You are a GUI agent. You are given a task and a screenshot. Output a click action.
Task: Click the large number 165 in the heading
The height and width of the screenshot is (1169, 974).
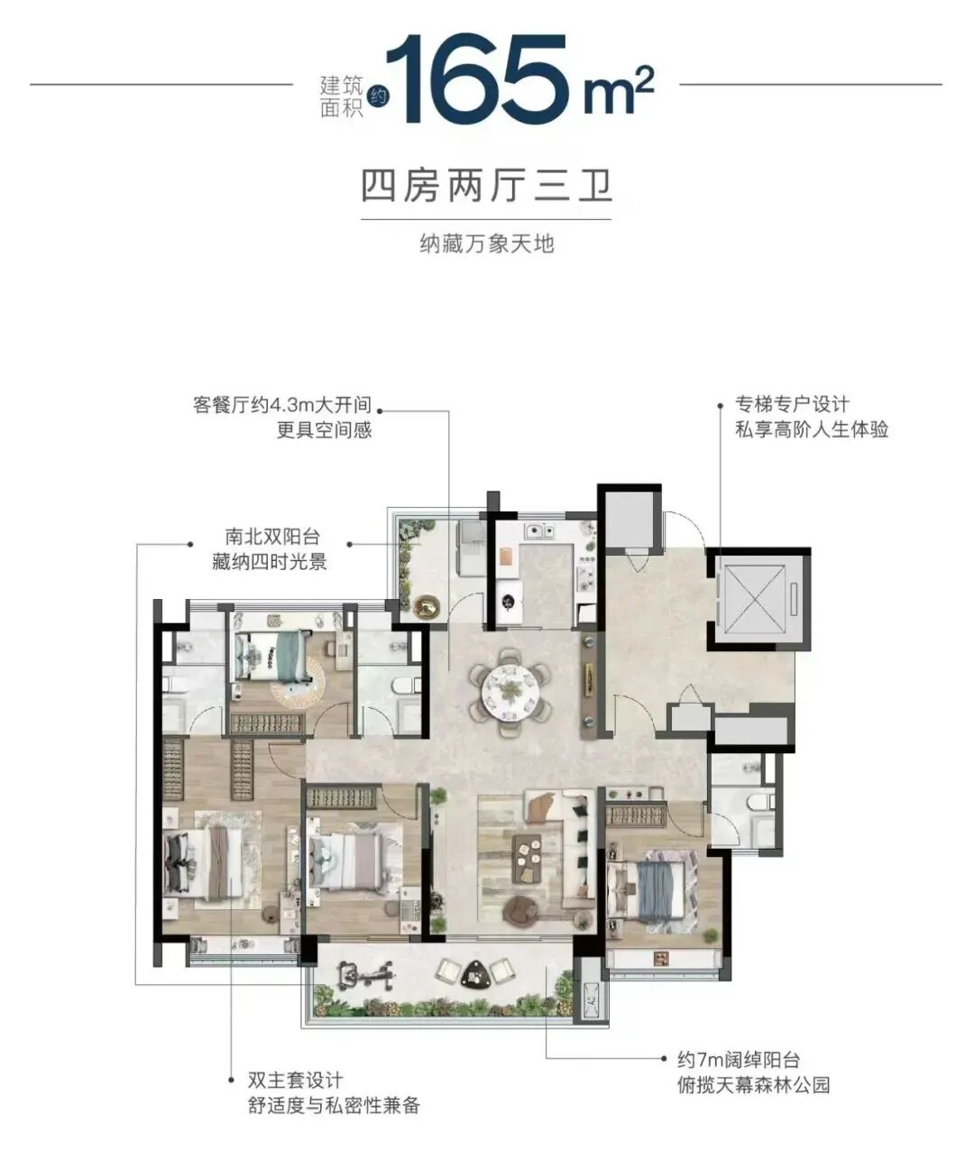click(x=482, y=81)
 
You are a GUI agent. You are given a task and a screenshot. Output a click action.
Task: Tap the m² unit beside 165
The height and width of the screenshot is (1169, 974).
click(x=618, y=94)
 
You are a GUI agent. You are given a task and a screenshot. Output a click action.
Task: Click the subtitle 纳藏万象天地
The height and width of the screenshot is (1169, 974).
click(x=486, y=243)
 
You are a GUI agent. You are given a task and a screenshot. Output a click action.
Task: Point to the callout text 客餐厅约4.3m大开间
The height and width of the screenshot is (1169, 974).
click(x=281, y=405)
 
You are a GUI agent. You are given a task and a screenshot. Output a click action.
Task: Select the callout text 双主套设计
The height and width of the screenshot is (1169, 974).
click(x=295, y=1081)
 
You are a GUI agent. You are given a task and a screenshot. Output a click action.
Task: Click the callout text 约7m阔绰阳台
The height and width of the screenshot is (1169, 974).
click(x=739, y=1061)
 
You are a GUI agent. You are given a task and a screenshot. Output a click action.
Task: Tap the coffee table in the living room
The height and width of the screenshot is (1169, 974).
click(x=528, y=860)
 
